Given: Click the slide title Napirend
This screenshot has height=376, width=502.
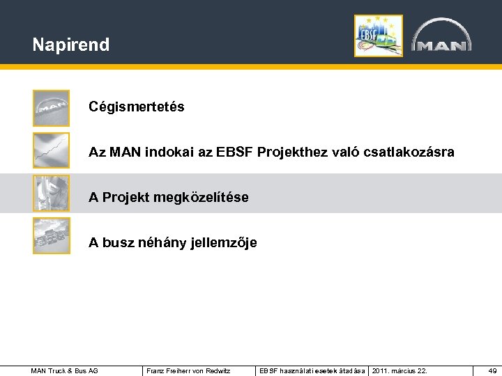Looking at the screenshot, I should coord(70,45).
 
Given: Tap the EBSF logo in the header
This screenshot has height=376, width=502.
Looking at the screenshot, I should coord(378,36).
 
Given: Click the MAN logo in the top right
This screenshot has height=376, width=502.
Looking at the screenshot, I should coord(441,36).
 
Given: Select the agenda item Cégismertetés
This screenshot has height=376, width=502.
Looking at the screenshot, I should coord(136,107).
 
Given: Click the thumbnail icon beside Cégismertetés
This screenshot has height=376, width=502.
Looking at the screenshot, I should coord(52,108).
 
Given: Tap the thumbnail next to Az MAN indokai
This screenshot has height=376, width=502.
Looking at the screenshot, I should coord(52,150).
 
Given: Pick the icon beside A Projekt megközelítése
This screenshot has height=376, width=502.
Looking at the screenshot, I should coord(52,193).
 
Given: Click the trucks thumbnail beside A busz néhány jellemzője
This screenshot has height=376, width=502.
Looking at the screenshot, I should coord(52,236).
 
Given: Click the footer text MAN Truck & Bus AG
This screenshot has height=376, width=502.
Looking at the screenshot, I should coord(65,370).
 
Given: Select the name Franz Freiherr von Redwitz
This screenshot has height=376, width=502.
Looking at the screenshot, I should coord(188,370).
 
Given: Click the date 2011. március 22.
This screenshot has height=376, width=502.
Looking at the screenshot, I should coord(400,370).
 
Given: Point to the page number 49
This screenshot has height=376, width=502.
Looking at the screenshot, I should coord(492,370).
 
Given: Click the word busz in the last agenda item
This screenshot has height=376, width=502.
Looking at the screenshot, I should coord(117,243).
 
